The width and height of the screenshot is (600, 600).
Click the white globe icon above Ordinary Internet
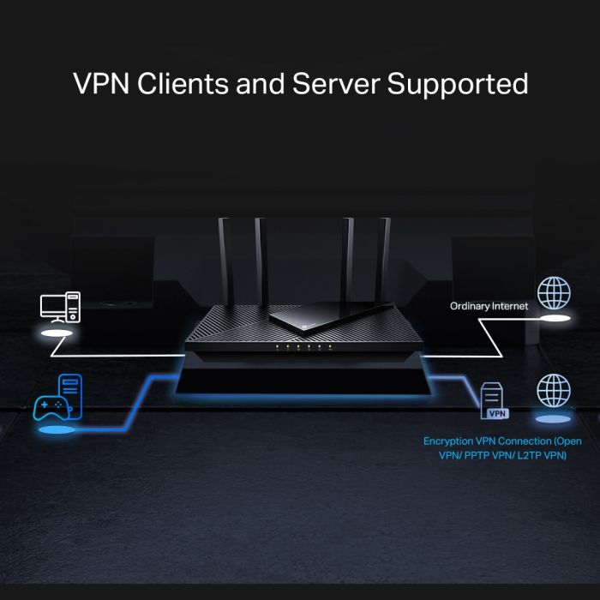pos(554,292)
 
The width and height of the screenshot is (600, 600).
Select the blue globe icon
pos(554,390)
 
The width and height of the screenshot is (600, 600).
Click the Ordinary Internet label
pos(489,305)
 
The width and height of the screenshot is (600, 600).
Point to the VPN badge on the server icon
pos(497,413)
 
